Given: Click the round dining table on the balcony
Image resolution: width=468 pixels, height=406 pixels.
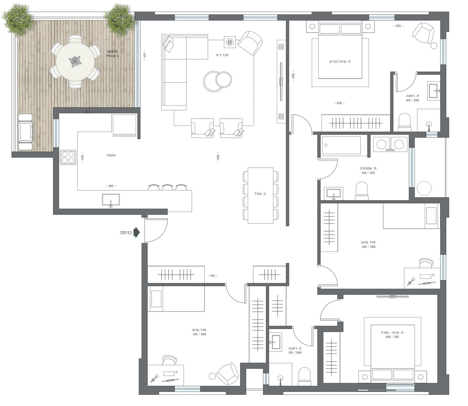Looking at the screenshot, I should [75, 61].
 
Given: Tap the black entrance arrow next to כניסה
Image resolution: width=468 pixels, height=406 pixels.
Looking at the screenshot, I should [136, 233].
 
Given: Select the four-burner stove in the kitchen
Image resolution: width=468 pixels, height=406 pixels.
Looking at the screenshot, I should [68, 157].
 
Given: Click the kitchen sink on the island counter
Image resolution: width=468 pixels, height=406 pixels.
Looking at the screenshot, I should [111, 200].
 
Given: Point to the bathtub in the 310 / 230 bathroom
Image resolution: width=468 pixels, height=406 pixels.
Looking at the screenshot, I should [342, 147].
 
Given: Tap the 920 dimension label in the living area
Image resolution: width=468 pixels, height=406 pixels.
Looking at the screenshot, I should [218, 158].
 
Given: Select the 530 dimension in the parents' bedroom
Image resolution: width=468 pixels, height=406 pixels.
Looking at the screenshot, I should [398, 26].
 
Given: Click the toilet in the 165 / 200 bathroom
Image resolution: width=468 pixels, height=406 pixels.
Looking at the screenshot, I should [405, 122].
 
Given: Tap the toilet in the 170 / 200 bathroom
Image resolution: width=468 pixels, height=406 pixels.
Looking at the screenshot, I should [304, 376].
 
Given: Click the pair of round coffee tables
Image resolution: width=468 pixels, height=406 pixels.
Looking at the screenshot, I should [218, 81].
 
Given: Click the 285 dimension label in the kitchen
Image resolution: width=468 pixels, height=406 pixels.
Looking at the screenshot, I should [111, 186].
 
